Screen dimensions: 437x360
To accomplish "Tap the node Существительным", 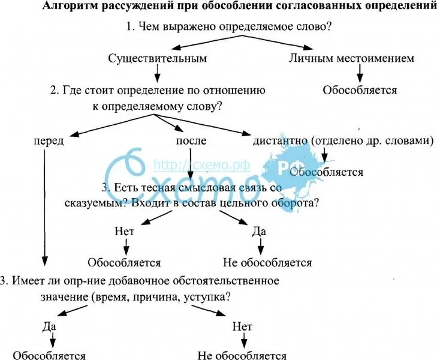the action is click(158, 58).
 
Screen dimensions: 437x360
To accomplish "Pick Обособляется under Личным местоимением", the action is click(360, 91).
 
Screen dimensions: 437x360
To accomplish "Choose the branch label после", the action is click(191, 140).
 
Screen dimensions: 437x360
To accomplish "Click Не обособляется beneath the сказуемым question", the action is click(267, 262).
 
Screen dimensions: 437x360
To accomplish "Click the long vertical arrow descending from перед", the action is click(45, 204).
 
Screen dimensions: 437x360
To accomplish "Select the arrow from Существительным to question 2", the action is click(158, 73).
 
